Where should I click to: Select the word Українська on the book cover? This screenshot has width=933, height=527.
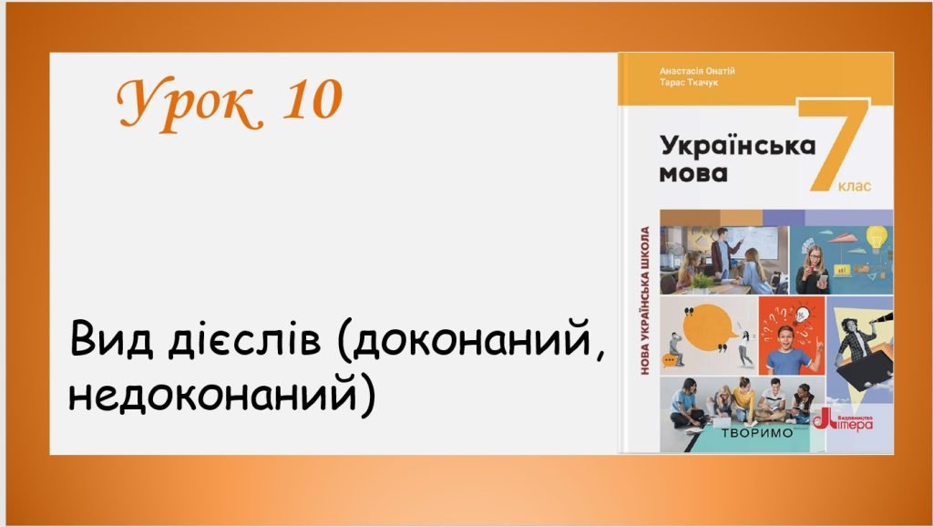[736, 145]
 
